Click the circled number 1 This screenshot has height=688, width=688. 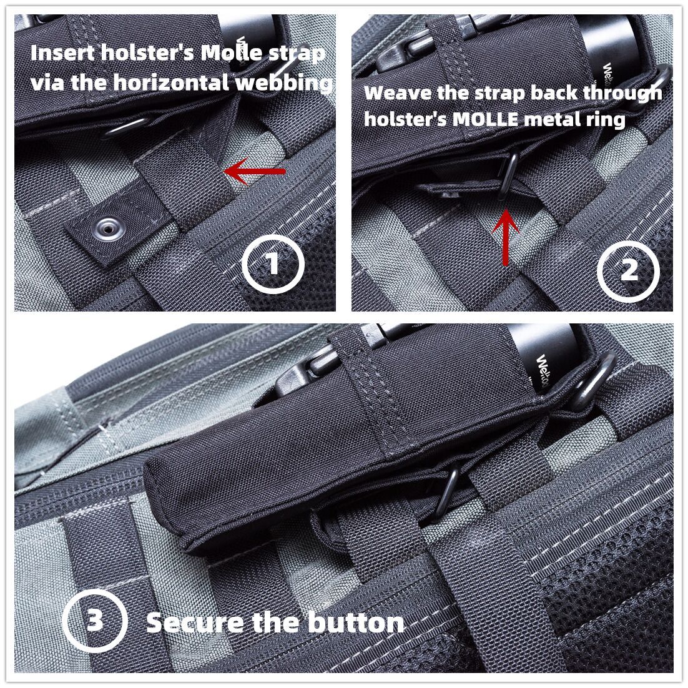tap(273, 263)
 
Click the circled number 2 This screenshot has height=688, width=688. tap(628, 270)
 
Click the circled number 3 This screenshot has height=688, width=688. tap(95, 621)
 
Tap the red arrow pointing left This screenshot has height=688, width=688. tap(255, 172)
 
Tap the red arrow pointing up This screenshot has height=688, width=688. tap(506, 237)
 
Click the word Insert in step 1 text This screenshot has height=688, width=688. tap(63, 53)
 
